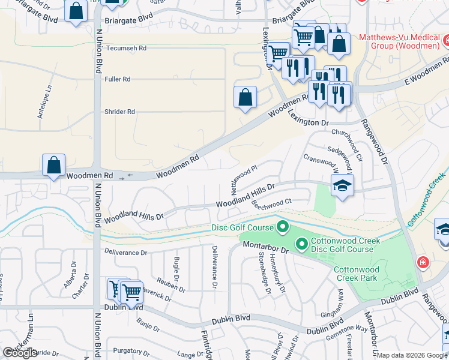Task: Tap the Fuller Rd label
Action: [x=118, y=79]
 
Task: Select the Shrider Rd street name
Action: [x=120, y=112]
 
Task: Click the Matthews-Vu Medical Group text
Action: [x=399, y=41]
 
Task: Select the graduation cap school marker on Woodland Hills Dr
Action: [x=342, y=187]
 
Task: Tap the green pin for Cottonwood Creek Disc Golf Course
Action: [x=301, y=244]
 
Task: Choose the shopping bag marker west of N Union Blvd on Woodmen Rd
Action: [x=54, y=164]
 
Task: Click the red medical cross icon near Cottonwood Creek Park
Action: [x=423, y=263]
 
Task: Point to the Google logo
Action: [x=20, y=353]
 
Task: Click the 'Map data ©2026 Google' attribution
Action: [x=412, y=355]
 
